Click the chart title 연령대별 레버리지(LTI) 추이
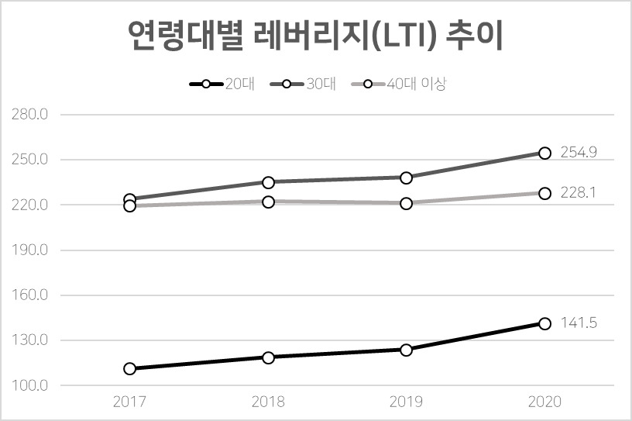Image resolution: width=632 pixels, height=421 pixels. pos(315,35)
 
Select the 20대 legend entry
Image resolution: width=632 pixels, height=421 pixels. pos(222,84)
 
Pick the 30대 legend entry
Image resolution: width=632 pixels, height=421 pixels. pos(304,84)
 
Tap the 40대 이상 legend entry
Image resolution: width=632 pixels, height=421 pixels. pos(399,84)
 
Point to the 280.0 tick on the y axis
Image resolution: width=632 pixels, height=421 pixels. pos(30,115)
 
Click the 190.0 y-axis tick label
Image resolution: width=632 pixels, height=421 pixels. pos(30,250)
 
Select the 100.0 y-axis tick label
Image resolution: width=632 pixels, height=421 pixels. pos(30,385)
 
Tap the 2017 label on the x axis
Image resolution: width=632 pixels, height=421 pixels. pos(129,402)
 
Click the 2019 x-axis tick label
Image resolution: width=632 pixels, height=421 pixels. pos(407,402)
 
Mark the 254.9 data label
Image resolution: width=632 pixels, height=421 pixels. pos(579,152)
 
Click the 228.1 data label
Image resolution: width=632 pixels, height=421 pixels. pos(578,192)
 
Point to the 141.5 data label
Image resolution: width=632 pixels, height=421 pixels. pos(579,323)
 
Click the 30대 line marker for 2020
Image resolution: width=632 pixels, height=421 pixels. pos(544,153)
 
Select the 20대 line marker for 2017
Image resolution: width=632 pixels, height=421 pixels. pos(130,368)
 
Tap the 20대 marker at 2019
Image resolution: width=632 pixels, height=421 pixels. pos(407,350)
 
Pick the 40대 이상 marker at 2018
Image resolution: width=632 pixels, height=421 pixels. pos(268,202)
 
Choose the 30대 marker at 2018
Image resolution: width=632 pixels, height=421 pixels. pos(268,182)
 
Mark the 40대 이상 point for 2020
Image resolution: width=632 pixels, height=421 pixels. pos(544,193)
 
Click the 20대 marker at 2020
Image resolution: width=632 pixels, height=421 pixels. pos(544,323)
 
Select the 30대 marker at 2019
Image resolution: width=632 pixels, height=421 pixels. pos(407,178)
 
